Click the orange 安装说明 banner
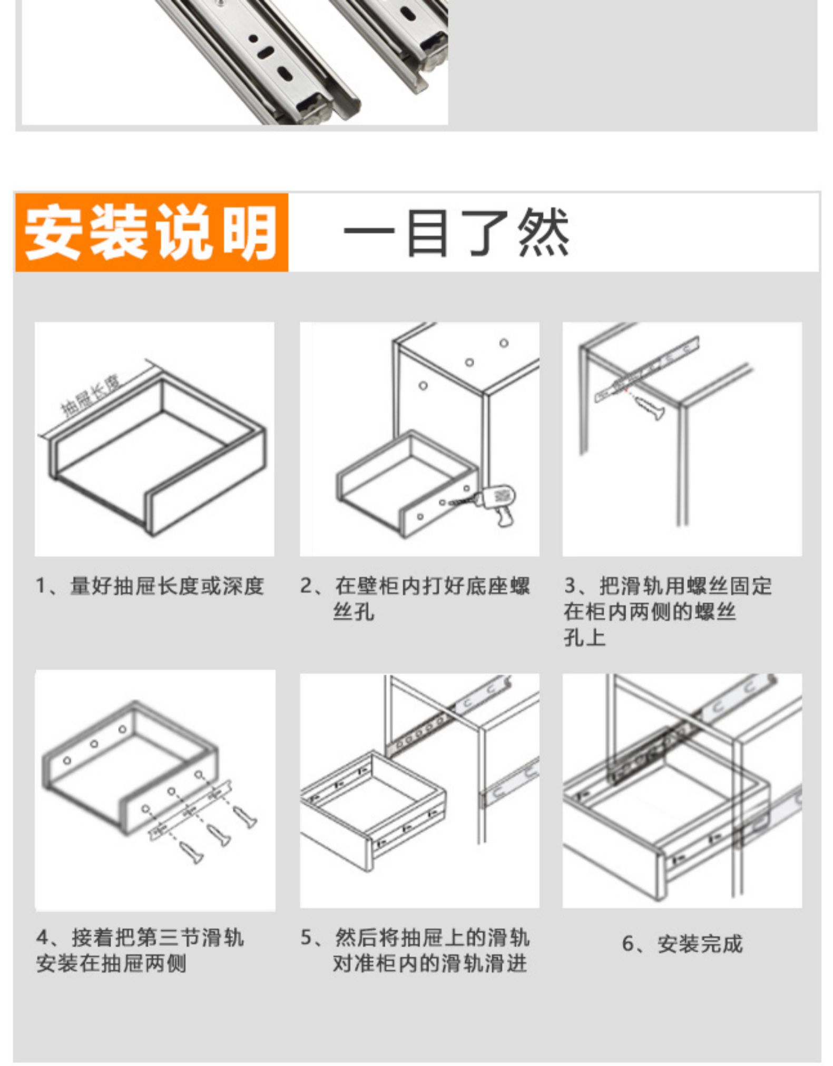coord(151,232)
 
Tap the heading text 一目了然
coord(456,233)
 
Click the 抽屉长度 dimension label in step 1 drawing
coord(90,396)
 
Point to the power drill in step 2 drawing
coord(498,503)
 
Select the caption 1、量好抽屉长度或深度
coord(150,586)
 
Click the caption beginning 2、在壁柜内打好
coord(415,586)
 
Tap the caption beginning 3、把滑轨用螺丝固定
coord(668,586)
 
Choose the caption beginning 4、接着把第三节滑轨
coord(140,937)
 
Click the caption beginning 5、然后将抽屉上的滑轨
coord(415,937)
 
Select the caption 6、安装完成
coord(682,944)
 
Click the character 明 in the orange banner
coord(250,232)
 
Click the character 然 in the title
coord(543,233)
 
